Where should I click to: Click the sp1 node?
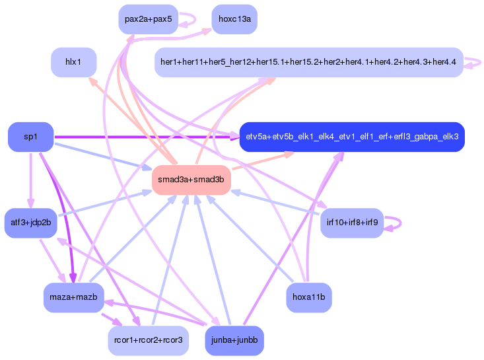[30, 137]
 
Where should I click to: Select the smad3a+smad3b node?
[191, 180]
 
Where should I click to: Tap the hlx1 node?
[73, 62]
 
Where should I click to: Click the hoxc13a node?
[234, 19]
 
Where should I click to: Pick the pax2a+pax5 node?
[148, 19]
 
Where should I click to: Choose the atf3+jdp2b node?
[30, 223]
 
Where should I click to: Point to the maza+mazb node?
[73, 297]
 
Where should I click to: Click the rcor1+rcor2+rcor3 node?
[148, 341]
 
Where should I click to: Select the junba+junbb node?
[234, 341]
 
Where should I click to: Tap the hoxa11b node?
[309, 297]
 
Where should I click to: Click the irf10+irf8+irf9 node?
[352, 223]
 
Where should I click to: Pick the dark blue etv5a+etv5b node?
[352, 137]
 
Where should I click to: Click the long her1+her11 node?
[309, 62]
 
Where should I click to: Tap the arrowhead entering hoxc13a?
[207, 31]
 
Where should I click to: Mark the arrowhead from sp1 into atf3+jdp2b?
[30, 203]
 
